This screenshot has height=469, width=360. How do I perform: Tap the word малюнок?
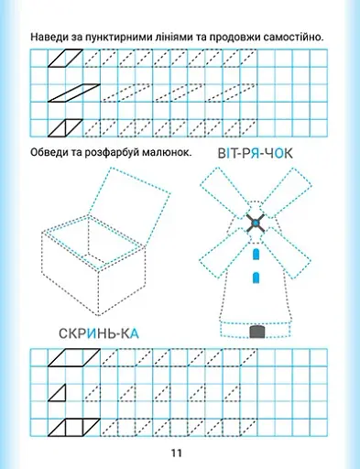pyautogui.click(x=166, y=152)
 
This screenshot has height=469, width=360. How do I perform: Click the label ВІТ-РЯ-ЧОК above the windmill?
pyautogui.click(x=256, y=153)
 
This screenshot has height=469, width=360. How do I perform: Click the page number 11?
pyautogui.click(x=179, y=453)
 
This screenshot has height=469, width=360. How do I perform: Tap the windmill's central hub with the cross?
pyautogui.click(x=256, y=223)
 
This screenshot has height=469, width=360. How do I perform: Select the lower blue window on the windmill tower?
pyautogui.click(x=256, y=276)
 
